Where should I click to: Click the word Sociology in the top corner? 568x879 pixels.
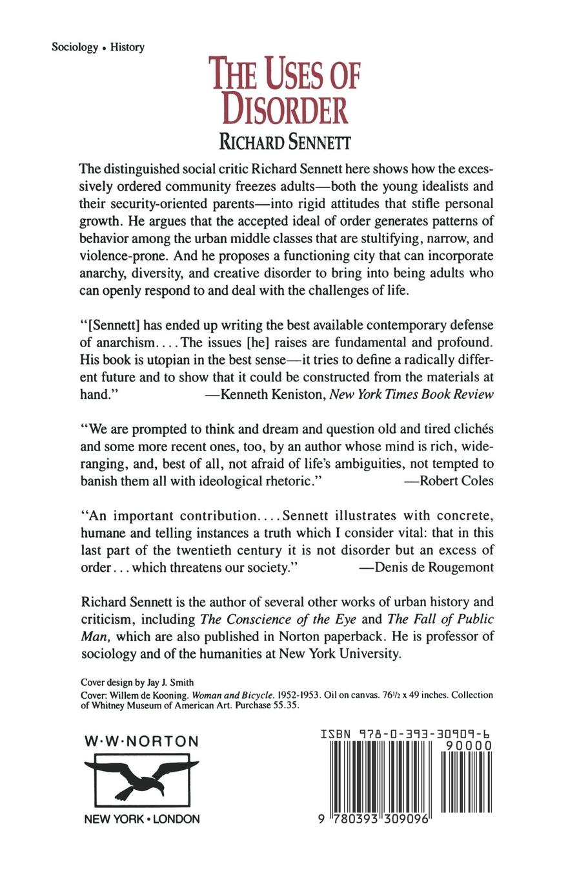coord(75,47)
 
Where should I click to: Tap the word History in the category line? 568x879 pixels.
coord(127,47)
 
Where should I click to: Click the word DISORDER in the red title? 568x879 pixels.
coord(285,109)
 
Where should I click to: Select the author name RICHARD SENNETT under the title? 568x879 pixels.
coord(285,142)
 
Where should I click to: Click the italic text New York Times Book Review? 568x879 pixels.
coord(412,394)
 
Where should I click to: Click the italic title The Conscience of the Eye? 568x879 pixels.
coord(278,619)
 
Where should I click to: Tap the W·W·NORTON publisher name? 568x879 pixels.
coord(142,741)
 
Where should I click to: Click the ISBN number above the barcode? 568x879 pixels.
coord(405,734)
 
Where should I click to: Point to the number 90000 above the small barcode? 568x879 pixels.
coord(469,746)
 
